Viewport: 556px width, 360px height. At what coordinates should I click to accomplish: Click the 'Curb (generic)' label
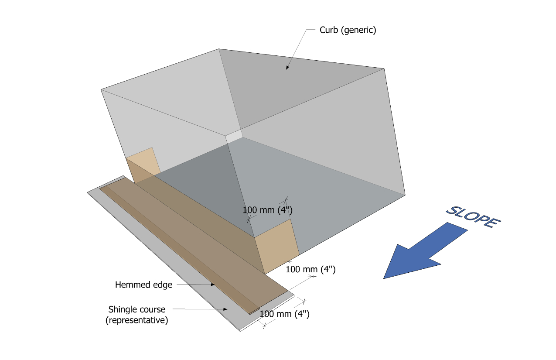(x=348, y=30)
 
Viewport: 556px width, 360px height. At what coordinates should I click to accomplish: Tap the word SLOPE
(x=473, y=216)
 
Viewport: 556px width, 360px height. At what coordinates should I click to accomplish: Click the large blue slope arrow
(x=419, y=252)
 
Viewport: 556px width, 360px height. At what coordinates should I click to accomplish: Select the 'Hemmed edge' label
(x=143, y=285)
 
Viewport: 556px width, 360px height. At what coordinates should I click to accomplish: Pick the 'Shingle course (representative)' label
(x=137, y=315)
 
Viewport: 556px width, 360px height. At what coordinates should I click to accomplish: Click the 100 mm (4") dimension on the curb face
(x=267, y=210)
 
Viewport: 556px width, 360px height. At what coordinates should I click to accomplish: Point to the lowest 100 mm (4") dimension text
(x=284, y=314)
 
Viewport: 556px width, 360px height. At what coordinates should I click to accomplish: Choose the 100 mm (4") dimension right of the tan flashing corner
(x=310, y=269)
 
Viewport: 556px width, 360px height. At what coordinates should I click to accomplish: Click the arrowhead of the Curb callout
(x=287, y=68)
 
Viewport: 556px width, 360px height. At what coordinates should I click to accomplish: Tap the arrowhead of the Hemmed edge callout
(x=213, y=285)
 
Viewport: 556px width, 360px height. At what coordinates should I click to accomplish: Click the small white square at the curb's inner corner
(x=233, y=136)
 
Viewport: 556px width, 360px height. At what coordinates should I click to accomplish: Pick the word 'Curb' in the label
(x=328, y=30)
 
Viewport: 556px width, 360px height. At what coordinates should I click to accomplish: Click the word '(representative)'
(x=137, y=320)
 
